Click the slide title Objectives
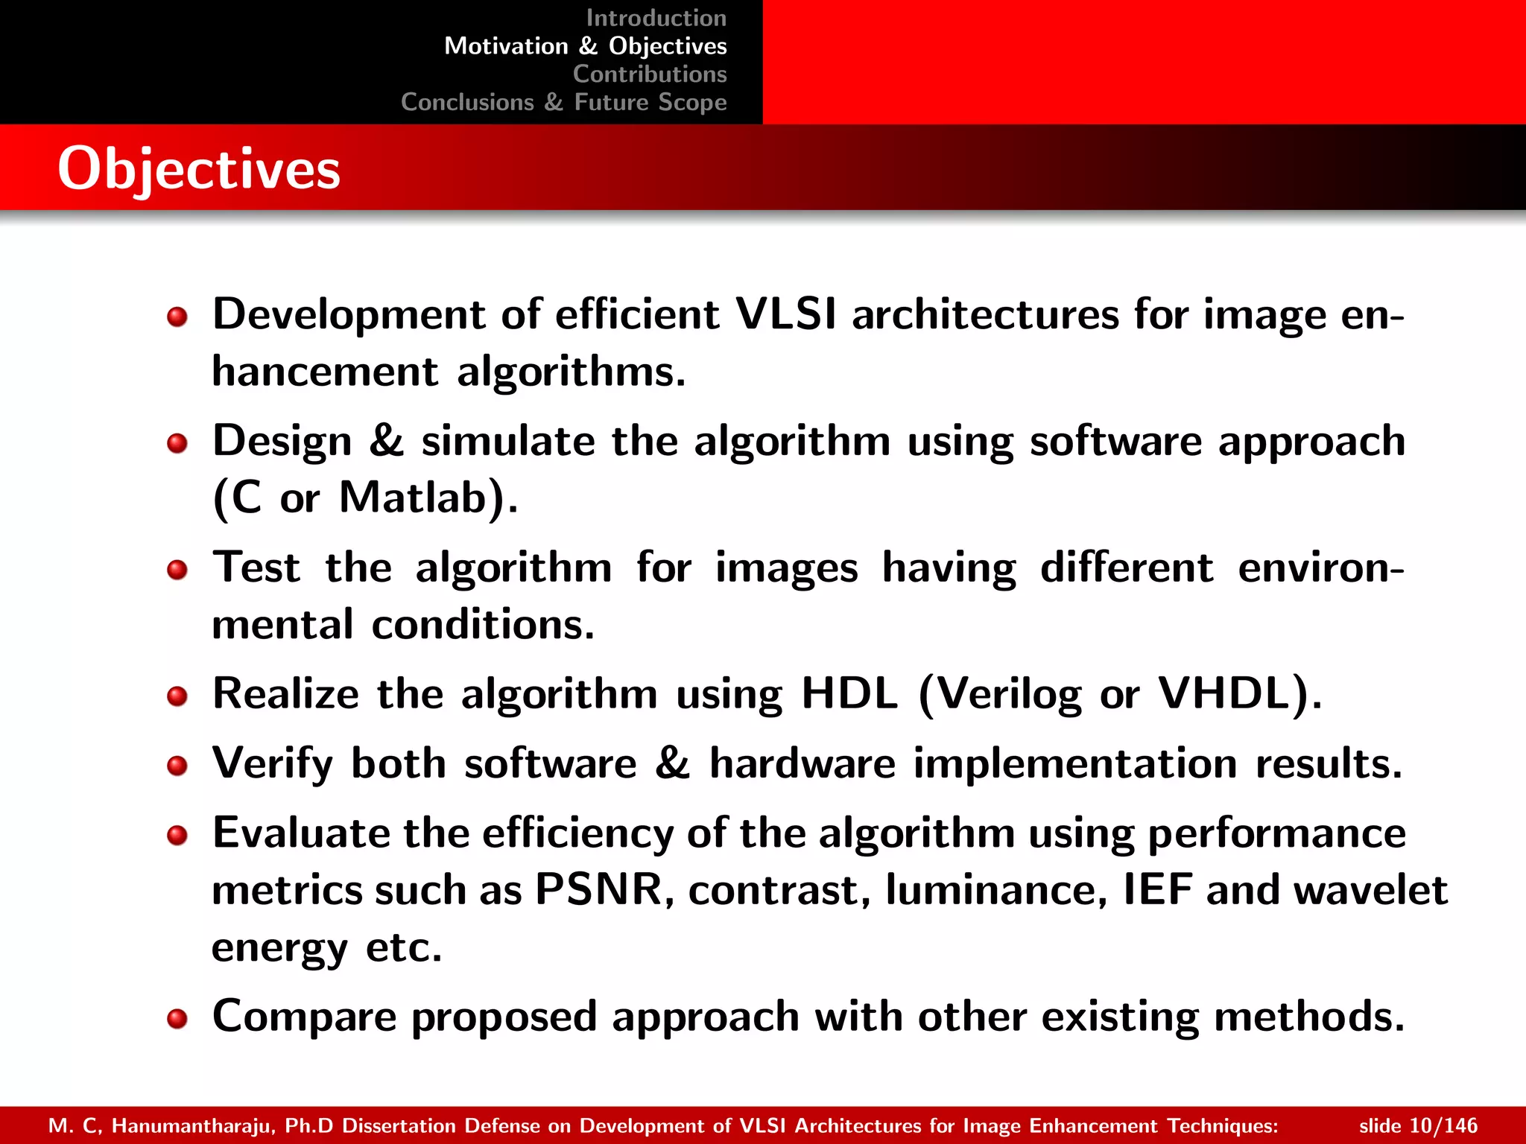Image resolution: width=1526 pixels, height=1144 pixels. coord(199,169)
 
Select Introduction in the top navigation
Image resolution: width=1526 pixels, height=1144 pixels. coord(656,18)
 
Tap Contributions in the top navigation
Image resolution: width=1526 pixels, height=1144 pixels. coord(650,74)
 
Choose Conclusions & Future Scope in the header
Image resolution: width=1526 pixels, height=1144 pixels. coord(563,102)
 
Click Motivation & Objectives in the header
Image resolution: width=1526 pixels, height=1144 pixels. coord(585,46)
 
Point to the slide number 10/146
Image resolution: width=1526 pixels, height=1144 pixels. coord(1418,1125)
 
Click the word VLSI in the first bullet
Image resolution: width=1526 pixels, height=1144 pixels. coord(785,314)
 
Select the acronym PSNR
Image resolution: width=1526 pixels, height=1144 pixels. coord(599,889)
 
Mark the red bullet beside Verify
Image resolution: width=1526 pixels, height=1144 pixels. coord(177,766)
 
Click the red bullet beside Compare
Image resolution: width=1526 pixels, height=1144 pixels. coord(177,1018)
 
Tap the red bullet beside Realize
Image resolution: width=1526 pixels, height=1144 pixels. coord(177,696)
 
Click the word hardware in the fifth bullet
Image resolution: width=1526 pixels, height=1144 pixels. coord(802,763)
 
